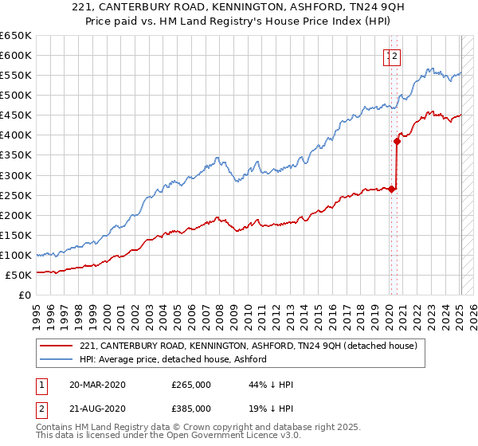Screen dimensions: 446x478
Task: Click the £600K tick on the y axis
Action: click(16, 55)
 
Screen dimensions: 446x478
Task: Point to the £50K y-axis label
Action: click(18, 275)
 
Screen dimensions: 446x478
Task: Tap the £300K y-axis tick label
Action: click(16, 175)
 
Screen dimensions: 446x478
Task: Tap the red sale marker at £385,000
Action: click(397, 141)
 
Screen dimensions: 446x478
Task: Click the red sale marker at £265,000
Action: click(391, 189)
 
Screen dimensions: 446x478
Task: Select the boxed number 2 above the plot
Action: click(395, 56)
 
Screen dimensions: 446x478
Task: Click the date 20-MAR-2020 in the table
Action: click(97, 385)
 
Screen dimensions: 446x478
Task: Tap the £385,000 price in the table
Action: click(191, 408)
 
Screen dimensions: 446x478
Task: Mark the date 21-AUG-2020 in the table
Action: click(98, 408)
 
